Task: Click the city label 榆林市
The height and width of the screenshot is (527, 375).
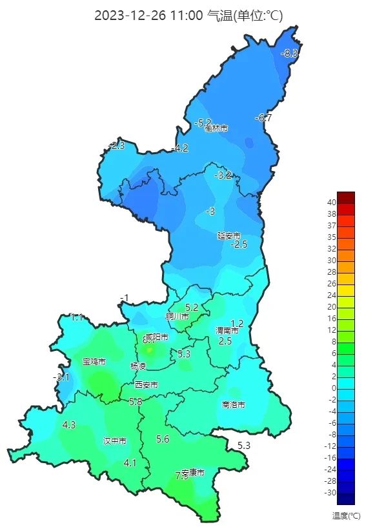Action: click(x=216, y=128)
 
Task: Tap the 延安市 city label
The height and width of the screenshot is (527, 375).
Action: click(x=228, y=236)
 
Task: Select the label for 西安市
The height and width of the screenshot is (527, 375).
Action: click(x=146, y=385)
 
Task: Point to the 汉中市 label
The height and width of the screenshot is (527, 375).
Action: click(x=115, y=442)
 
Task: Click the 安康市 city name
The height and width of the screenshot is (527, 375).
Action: click(x=193, y=473)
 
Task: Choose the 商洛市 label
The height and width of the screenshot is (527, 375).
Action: click(x=233, y=405)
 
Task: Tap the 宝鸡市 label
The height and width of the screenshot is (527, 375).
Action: click(x=94, y=362)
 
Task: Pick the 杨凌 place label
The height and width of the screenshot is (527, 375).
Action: click(x=138, y=366)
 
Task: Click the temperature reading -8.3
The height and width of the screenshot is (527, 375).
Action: click(x=290, y=54)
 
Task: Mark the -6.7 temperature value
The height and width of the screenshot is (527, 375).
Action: click(x=263, y=118)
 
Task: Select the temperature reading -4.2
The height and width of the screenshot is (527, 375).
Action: click(x=180, y=148)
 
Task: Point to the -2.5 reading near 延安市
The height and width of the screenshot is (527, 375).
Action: click(x=239, y=245)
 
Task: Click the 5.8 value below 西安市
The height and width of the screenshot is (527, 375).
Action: click(x=136, y=402)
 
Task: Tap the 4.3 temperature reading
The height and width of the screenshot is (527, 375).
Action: click(x=69, y=425)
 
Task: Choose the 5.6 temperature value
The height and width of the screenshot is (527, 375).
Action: click(x=163, y=439)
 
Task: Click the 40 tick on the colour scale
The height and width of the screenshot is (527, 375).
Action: click(x=331, y=201)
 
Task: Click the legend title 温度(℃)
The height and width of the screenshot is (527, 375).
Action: click(x=346, y=515)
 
